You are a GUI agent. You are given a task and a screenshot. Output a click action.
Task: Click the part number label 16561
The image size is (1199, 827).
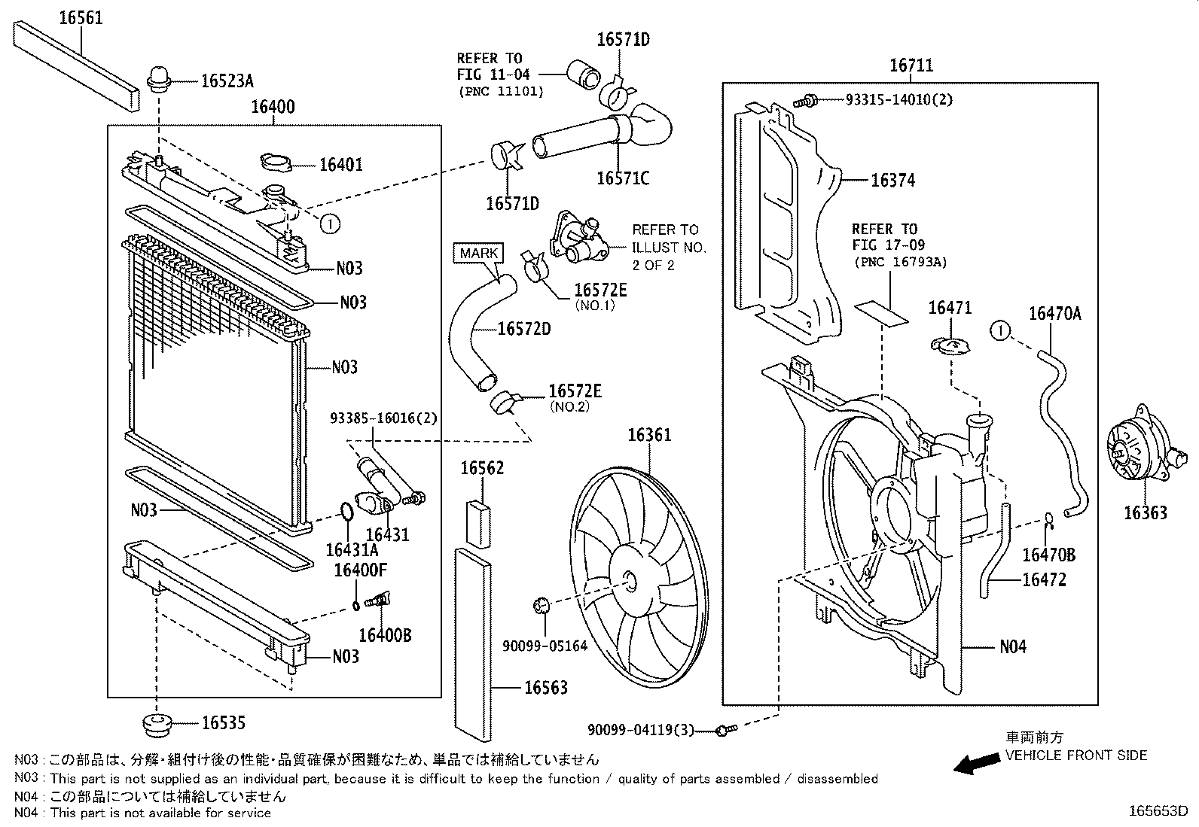[x=81, y=17]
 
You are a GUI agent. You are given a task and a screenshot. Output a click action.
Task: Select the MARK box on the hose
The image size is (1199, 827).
[x=479, y=253]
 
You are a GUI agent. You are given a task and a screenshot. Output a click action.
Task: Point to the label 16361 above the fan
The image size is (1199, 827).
[x=648, y=435]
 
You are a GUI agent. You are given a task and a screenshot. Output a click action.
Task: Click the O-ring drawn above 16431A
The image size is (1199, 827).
[x=345, y=511]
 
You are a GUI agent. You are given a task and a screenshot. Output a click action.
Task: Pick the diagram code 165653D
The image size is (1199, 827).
[x=1158, y=811]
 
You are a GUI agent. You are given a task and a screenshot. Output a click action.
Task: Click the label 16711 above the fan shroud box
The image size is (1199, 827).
[x=911, y=66]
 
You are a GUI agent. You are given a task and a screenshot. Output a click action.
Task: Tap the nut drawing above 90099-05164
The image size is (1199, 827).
[x=540, y=604]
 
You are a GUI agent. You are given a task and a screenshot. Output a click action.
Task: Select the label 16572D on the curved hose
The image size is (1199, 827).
[x=523, y=329]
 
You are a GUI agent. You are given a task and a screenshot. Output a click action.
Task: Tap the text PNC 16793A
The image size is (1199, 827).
[x=900, y=262]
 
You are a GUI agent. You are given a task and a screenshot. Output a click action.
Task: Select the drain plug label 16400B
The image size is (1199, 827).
[x=385, y=634]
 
